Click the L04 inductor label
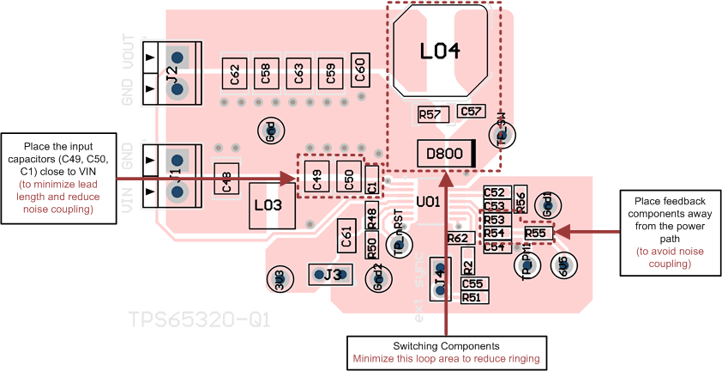click(440, 52)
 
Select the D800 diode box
click(446, 155)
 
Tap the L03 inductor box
click(273, 207)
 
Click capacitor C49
click(316, 177)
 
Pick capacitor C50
click(348, 177)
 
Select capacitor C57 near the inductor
click(471, 112)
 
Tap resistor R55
click(536, 233)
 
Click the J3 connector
click(329, 275)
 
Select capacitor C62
click(235, 75)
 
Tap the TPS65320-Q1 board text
click(200, 320)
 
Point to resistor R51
click(471, 297)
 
